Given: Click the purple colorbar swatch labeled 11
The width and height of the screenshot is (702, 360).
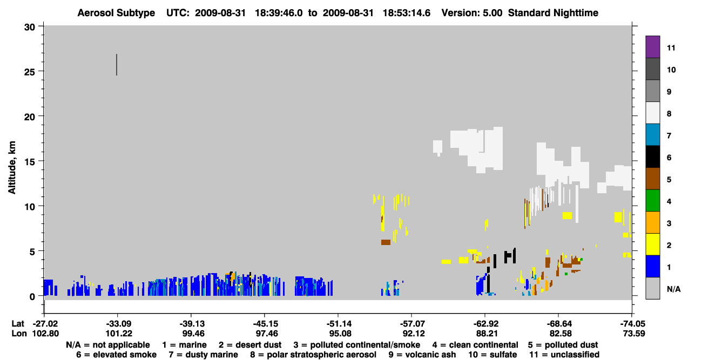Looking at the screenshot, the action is (x=652, y=46).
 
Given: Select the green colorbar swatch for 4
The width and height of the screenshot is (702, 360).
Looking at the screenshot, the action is (x=652, y=201).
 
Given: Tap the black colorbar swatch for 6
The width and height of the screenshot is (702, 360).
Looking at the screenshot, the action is (x=652, y=157).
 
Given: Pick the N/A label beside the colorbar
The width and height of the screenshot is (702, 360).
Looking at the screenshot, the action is (x=673, y=289).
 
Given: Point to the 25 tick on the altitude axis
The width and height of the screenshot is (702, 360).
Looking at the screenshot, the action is (x=29, y=72).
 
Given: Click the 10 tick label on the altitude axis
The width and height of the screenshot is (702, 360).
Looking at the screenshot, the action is (x=29, y=207).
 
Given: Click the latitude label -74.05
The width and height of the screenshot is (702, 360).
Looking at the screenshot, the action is (x=632, y=324).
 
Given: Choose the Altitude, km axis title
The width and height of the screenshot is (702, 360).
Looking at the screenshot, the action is (x=11, y=167).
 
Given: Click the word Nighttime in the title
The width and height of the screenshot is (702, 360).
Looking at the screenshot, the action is (x=576, y=13).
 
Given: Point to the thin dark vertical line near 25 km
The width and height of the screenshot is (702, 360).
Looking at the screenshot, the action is (x=117, y=65).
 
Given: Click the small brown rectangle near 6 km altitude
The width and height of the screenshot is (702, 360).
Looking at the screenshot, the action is (x=386, y=242).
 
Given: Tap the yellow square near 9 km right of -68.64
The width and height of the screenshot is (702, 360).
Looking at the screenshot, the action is (x=567, y=215).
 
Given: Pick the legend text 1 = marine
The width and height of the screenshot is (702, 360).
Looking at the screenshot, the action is (x=184, y=345).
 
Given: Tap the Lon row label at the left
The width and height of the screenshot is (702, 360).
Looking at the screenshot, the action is (x=19, y=334).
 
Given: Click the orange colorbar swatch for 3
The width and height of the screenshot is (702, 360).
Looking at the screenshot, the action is (x=652, y=222).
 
